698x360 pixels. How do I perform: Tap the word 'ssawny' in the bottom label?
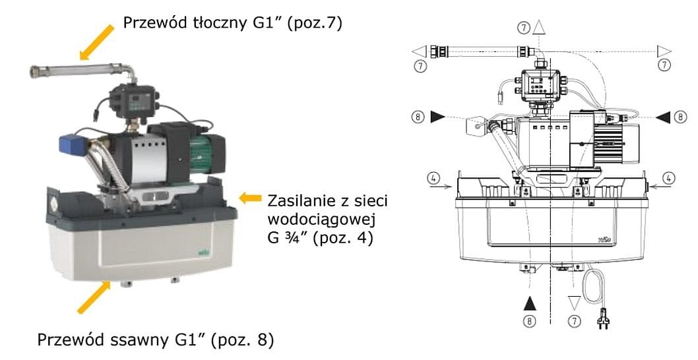coord(156,341)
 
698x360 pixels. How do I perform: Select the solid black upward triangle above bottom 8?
coord(529,303)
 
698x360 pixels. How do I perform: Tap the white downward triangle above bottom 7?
coord(573,303)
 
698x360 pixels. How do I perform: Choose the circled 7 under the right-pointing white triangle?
coord(664,65)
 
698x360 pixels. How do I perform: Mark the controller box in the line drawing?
coord(540,86)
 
